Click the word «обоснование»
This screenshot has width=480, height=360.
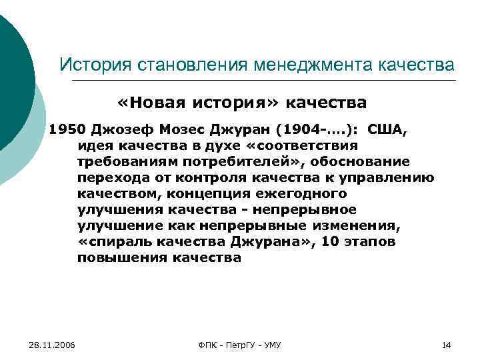(359, 162)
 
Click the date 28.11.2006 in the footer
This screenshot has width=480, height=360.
(52, 345)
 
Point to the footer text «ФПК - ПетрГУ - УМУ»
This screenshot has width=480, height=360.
(240, 345)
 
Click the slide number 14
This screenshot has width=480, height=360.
(447, 345)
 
